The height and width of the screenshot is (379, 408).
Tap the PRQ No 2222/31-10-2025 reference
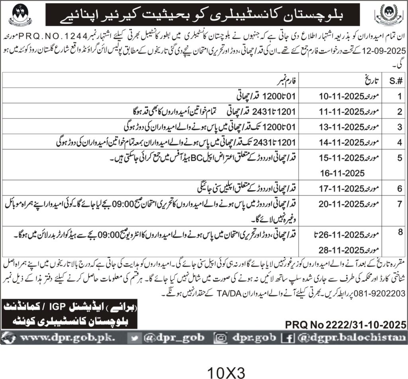tap(346, 324)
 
